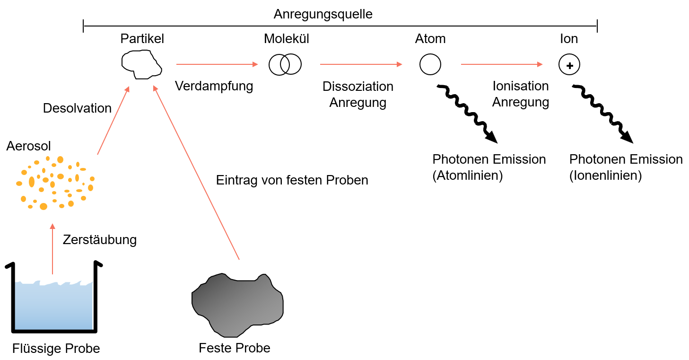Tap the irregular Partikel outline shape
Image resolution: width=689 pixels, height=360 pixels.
click(x=141, y=64)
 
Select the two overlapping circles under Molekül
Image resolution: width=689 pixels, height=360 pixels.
click(x=285, y=64)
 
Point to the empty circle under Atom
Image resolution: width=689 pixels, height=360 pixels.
click(x=430, y=64)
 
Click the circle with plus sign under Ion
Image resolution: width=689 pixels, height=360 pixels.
click(x=569, y=65)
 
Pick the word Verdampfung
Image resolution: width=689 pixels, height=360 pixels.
click(x=214, y=86)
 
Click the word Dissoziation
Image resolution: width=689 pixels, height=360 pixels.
click(x=358, y=87)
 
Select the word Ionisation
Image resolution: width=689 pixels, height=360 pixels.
click(x=520, y=86)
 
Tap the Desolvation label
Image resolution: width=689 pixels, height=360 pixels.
click(x=77, y=108)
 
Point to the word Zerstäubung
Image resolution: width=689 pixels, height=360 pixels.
click(x=99, y=240)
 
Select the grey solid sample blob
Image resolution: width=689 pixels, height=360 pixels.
click(x=237, y=303)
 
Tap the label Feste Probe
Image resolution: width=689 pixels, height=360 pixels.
click(x=235, y=348)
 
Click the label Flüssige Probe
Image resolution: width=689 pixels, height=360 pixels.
click(x=56, y=349)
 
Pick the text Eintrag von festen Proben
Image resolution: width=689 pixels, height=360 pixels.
click(x=292, y=180)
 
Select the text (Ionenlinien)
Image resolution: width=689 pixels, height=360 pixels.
click(x=605, y=176)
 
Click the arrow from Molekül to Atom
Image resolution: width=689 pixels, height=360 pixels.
click(x=361, y=64)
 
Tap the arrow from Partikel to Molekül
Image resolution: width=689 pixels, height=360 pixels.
click(x=217, y=64)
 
